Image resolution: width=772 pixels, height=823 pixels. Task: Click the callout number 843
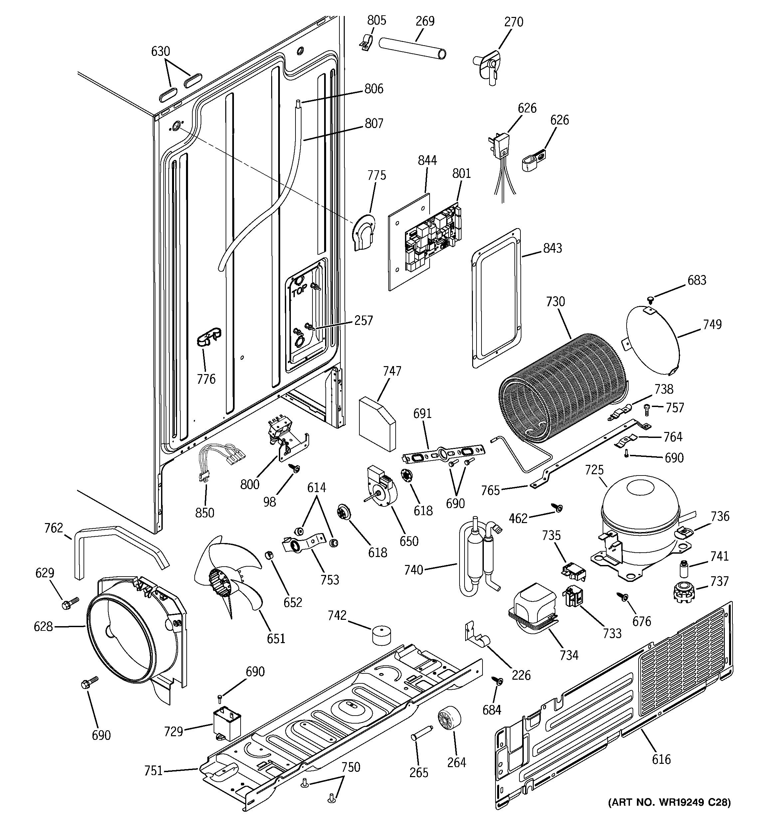pos(552,248)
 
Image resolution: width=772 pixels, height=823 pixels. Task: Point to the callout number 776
pos(206,378)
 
